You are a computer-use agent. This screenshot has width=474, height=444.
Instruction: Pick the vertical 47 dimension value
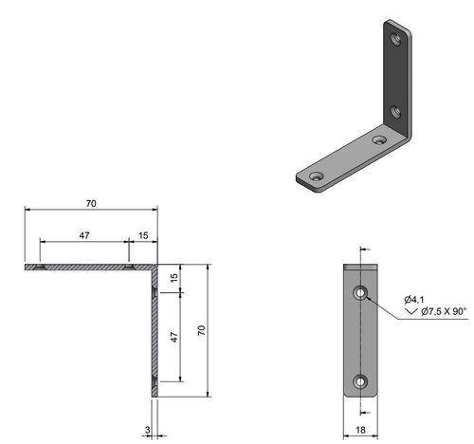(x=173, y=337)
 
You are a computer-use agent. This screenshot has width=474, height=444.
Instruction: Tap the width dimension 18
(x=361, y=430)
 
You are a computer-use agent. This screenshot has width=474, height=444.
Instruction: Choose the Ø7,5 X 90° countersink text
(x=443, y=310)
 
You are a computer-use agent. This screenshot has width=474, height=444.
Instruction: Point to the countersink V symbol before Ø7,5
(x=410, y=310)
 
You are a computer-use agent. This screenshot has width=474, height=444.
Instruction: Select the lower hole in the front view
(x=361, y=382)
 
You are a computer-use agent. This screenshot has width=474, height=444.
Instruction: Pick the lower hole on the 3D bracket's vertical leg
(x=396, y=112)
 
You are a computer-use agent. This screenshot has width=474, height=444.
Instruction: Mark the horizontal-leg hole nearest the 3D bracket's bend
(x=379, y=140)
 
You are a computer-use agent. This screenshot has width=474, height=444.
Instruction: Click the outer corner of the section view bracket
(x=158, y=267)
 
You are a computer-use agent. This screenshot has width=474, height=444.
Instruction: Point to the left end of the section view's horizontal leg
(x=27, y=268)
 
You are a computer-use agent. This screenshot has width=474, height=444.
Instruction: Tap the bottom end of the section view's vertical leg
(x=156, y=396)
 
